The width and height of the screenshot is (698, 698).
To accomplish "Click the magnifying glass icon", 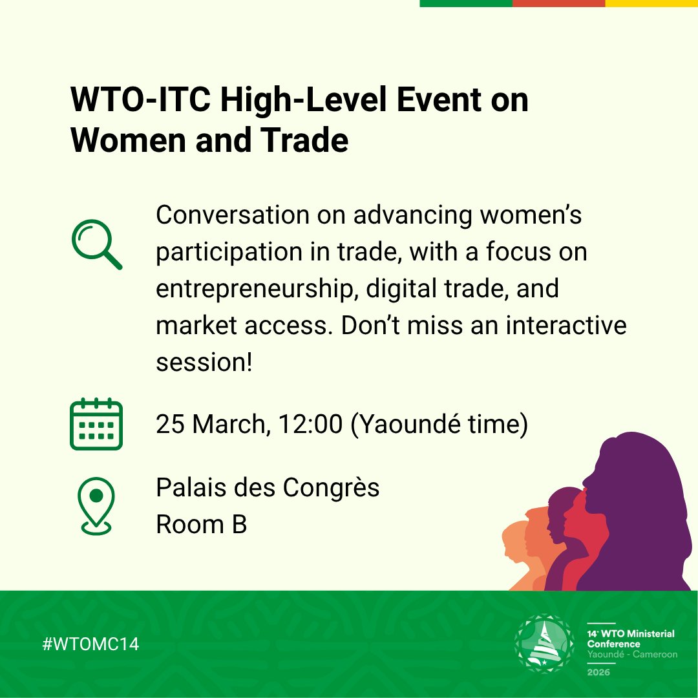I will tap(96, 244).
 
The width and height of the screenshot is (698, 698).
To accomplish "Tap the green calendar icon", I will tap(96, 424).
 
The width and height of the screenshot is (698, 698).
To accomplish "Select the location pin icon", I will tap(96, 506).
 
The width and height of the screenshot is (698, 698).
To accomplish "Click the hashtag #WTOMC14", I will tap(91, 644).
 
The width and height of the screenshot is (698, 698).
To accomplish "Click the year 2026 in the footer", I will tap(600, 672).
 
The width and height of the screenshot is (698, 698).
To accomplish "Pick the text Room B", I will tap(201, 524).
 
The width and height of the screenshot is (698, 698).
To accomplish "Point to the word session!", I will tap(203, 362).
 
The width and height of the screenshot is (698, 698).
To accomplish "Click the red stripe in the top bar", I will tap(558, 3).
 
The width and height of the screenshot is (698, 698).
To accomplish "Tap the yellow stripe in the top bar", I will tap(651, 3).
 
